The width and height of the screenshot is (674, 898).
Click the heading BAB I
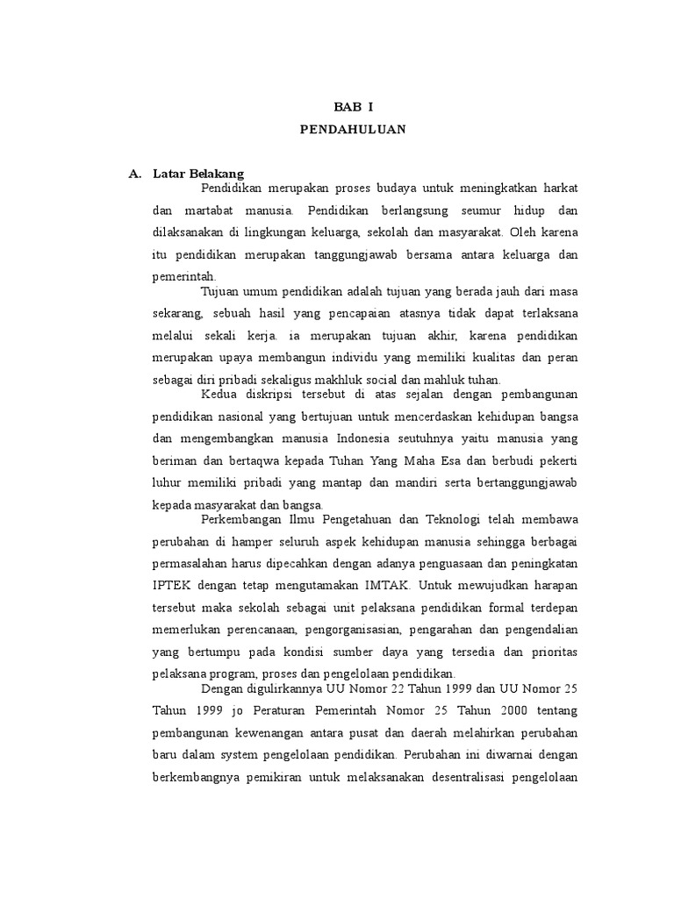[352, 107]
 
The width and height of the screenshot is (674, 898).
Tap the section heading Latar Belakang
[198, 174]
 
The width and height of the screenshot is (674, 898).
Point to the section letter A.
[134, 174]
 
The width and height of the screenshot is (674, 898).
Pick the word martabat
[210, 211]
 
